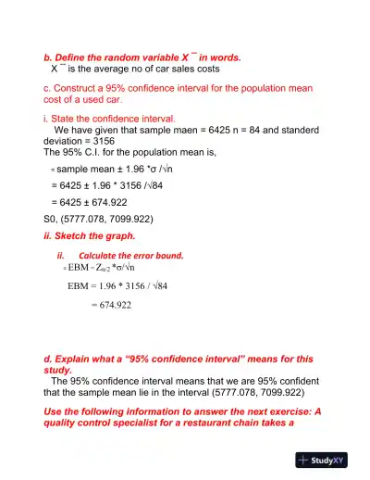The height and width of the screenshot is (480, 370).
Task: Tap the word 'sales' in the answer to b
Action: (180, 68)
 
